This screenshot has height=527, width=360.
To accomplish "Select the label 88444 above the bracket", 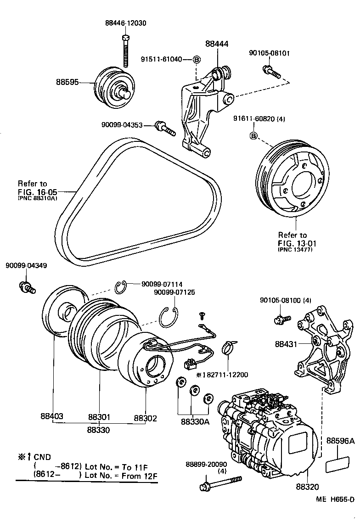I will click(x=217, y=44).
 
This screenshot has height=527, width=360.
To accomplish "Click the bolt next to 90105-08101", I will click(x=271, y=71).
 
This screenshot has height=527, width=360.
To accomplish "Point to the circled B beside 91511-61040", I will click(x=196, y=60).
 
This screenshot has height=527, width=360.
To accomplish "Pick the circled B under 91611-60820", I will click(x=253, y=135).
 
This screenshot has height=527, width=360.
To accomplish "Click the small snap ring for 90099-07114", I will click(x=121, y=287).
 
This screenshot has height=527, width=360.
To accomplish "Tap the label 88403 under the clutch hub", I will click(x=52, y=417).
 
